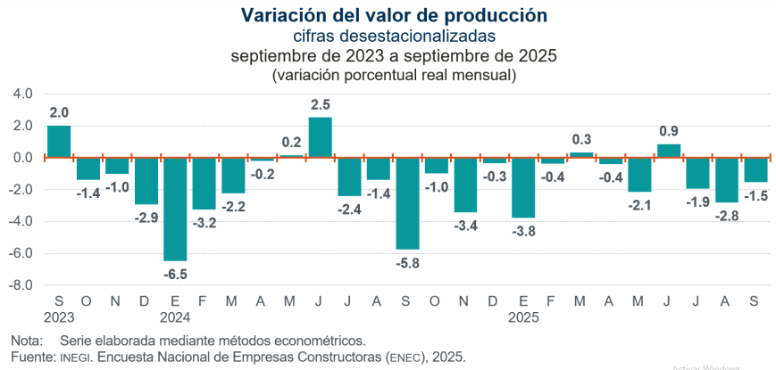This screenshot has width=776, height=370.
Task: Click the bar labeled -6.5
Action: [x=175, y=209]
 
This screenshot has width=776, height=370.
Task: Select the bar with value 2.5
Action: [x=321, y=137]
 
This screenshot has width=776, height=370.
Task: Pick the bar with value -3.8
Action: [x=524, y=187]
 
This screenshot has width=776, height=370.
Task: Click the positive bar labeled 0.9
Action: [x=669, y=151]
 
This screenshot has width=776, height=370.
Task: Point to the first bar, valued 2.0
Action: [x=59, y=141]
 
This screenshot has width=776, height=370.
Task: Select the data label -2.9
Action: [x=146, y=217]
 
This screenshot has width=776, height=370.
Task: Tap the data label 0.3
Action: [x=582, y=139]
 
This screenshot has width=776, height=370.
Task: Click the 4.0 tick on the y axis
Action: [x=23, y=94]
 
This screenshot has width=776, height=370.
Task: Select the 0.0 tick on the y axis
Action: [x=23, y=158]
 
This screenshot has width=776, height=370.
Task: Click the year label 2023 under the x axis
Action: [x=59, y=316]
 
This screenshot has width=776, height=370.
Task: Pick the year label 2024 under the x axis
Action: [x=175, y=316]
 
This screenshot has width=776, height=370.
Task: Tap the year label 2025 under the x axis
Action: [x=524, y=316]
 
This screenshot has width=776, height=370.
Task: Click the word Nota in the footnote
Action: [x=27, y=341]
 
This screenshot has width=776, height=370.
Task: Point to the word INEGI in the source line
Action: [x=74, y=358]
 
